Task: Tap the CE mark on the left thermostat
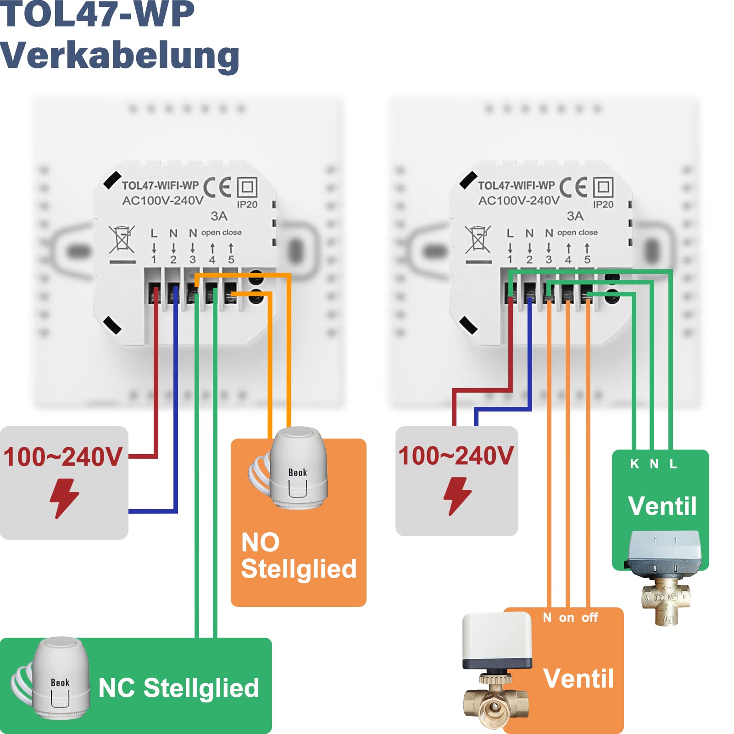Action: coord(217,187)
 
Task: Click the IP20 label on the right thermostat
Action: coord(603,205)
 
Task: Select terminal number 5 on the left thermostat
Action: coord(231,260)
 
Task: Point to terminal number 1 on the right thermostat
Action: coord(510,260)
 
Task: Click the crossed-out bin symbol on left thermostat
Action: coord(122,239)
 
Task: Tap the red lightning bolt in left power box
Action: coord(64,498)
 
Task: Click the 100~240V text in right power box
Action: coord(456,456)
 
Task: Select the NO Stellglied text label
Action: coord(298,556)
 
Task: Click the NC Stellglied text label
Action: coord(179,688)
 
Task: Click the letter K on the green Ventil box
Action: coord(634,464)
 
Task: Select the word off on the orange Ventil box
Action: coord(589,617)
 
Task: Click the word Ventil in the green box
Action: coord(662,506)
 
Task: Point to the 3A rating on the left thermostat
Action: coord(219,216)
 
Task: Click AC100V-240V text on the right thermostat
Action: coord(519,200)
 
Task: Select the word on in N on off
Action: coord(567,618)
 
